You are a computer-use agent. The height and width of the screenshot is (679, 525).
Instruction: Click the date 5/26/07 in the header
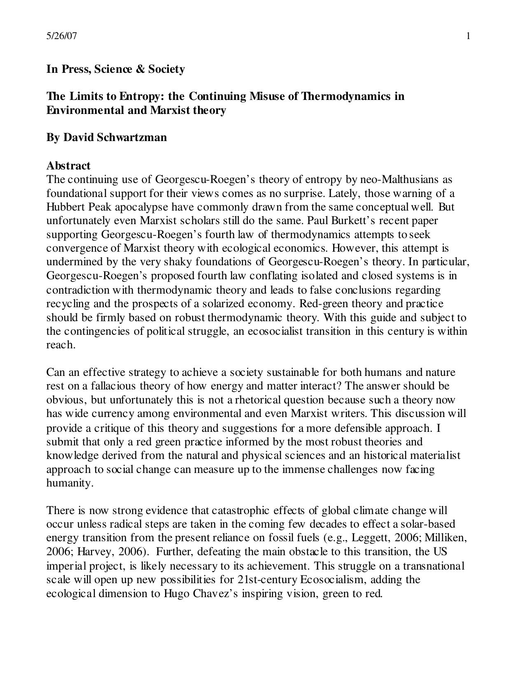pos(61,36)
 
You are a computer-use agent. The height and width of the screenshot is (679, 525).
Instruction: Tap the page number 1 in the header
pos(468,36)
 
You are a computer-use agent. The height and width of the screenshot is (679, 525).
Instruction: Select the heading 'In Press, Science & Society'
pos(115,69)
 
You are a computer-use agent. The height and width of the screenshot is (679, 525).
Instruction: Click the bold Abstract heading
pos(68,166)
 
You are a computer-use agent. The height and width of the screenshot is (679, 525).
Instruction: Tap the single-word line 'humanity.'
pos(70,483)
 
